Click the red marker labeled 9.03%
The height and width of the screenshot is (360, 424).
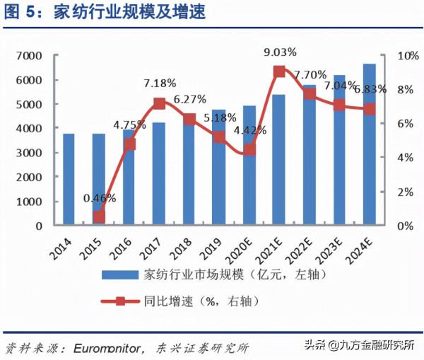pos(279,71)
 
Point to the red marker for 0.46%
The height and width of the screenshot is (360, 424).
pos(99,217)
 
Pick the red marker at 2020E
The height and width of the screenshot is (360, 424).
pos(249,150)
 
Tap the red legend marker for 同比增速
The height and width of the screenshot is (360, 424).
pos(119,301)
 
